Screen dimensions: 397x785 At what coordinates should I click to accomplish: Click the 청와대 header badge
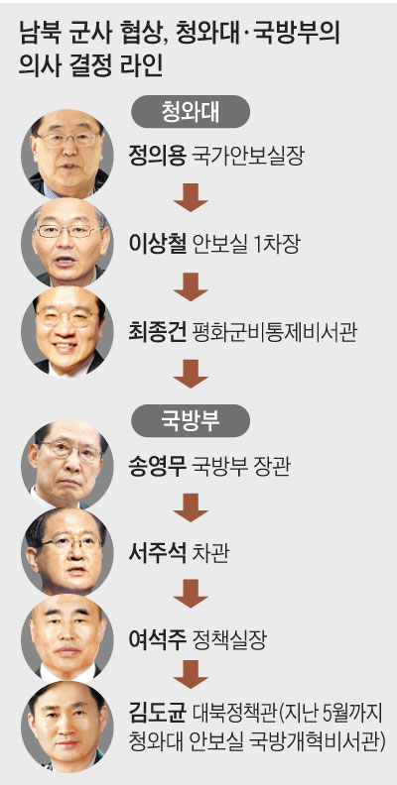point(190,113)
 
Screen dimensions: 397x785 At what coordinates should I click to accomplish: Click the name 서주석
point(157,555)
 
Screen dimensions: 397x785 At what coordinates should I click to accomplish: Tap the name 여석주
point(157,639)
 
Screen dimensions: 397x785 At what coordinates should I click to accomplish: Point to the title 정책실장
point(228,639)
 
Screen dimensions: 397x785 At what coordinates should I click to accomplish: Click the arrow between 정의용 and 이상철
point(191,197)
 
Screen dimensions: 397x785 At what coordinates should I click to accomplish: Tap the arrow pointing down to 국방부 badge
point(191,374)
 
